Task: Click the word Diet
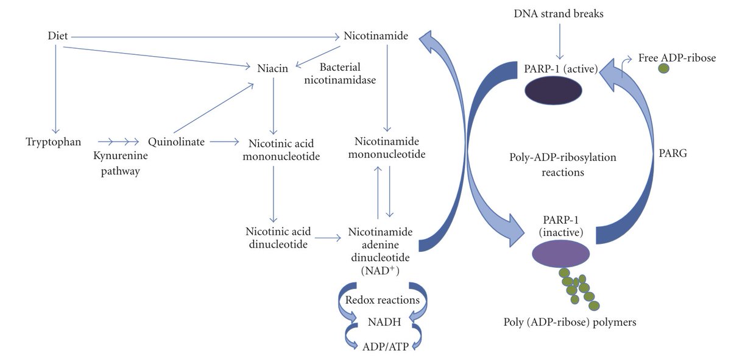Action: point(57,37)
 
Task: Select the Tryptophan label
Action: point(54,142)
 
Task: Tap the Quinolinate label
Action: point(173,142)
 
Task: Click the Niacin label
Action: point(272,69)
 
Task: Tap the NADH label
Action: point(380,321)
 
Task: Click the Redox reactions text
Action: point(382,300)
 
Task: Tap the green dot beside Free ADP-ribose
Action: point(663,70)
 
